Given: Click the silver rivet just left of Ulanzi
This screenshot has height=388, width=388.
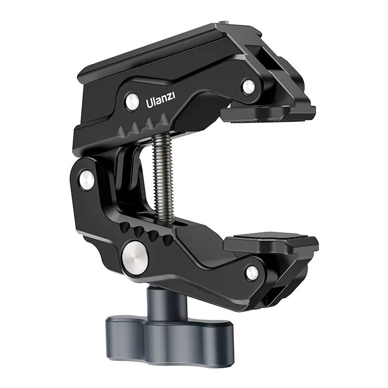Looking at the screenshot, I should [x=132, y=101].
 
